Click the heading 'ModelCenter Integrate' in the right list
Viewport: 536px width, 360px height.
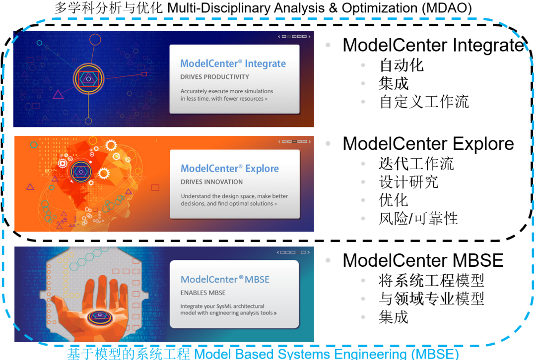tap(433, 45)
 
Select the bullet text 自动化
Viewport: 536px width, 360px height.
tap(402, 65)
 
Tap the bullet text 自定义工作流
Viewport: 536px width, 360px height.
tap(424, 102)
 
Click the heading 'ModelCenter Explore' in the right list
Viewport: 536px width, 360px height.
tap(428, 144)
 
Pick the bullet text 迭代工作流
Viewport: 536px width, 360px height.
tap(416, 163)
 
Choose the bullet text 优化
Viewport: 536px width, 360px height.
tap(394, 200)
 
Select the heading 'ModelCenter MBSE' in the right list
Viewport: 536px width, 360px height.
tap(423, 261)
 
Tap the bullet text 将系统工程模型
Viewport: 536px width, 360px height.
tap(431, 281)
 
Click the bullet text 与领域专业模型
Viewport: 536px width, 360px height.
tap(431, 299)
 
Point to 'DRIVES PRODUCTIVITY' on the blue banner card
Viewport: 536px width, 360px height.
tap(214, 77)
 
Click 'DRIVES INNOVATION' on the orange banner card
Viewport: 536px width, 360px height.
tap(211, 182)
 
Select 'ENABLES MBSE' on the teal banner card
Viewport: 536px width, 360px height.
tap(203, 293)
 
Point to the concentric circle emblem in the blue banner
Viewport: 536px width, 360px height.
tap(88, 78)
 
